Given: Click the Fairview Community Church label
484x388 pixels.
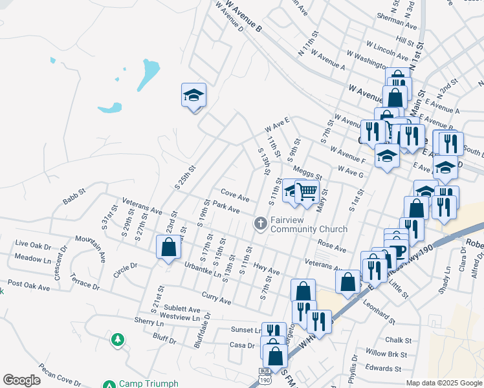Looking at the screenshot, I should [309, 224].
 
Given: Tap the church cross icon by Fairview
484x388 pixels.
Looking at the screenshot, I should [261, 224].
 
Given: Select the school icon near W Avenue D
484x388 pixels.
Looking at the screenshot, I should [193, 96].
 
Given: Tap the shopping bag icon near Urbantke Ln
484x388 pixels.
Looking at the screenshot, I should [168, 247].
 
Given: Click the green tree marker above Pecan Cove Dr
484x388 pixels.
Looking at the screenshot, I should [117, 339].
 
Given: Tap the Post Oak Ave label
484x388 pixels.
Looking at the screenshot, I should [28, 285].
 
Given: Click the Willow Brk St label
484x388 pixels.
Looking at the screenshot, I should [386, 354].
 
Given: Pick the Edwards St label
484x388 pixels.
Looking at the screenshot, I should [382, 369].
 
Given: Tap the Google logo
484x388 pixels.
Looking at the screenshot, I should [22, 380].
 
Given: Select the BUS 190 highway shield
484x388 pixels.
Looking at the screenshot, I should [264, 374].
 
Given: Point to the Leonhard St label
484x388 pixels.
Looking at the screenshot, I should [379, 309].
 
